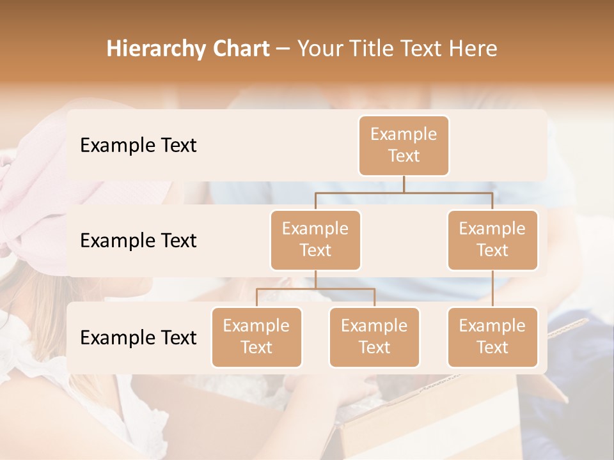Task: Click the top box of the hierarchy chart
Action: [404, 145]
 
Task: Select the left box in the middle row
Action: [315, 240]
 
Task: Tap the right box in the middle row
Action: [492, 240]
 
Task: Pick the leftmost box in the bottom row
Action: [256, 337]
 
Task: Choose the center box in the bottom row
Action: [374, 337]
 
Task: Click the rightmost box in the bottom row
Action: [492, 337]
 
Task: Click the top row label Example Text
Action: [138, 145]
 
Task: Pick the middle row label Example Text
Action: [138, 240]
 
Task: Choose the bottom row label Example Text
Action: [138, 337]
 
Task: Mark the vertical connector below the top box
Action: [404, 184]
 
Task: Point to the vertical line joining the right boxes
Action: [492, 289]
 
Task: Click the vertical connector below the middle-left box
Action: [315, 280]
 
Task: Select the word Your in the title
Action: [318, 49]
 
